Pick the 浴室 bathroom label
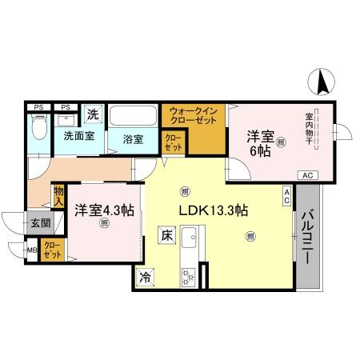[133, 139]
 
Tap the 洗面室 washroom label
[79, 137]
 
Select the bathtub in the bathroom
[134, 117]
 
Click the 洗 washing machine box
[93, 115]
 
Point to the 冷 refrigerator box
[146, 278]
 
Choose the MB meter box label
[33, 251]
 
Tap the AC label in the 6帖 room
[307, 174]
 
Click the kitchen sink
[190, 240]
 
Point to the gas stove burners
[190, 277]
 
